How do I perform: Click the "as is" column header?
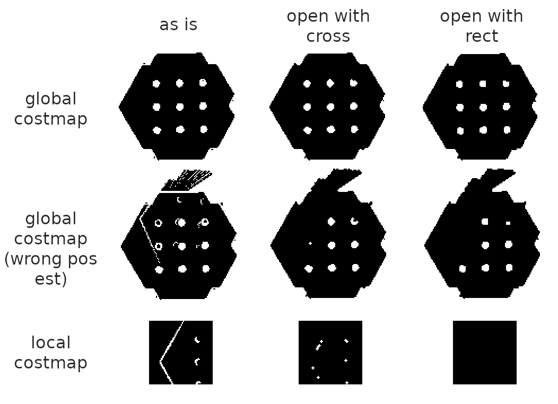[178, 25]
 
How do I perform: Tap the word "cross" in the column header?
[328, 36]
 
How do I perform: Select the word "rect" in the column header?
[481, 36]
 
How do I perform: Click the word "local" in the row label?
[51, 343]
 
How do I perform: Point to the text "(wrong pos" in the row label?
[51, 259]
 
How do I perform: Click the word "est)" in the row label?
[51, 279]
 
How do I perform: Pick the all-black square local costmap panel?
[484, 352]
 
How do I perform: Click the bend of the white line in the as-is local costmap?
[160, 362]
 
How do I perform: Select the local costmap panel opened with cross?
[330, 352]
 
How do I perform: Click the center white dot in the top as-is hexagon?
[180, 107]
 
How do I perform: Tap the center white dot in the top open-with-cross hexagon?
[330, 107]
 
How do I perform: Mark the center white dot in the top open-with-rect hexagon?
[483, 107]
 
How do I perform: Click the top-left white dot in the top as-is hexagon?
[156, 84]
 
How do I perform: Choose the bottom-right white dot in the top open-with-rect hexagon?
[507, 130]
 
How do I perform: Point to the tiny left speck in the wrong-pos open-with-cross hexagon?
[310, 243]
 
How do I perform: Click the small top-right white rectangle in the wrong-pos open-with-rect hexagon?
[508, 223]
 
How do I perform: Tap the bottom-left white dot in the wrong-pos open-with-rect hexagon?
[462, 269]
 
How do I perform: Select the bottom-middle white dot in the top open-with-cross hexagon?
[331, 129]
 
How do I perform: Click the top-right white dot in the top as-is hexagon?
[203, 83]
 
